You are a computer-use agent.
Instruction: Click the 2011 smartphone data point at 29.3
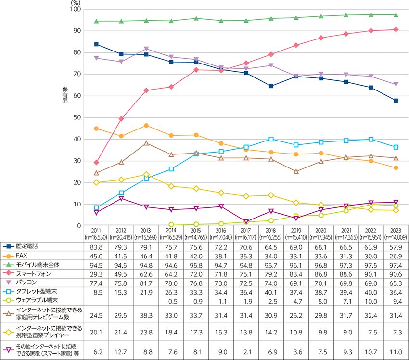(x=97, y=162)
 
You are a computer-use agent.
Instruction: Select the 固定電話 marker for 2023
(x=396, y=101)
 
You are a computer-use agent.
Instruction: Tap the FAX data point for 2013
(x=146, y=125)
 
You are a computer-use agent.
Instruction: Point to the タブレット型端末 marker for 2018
(x=271, y=139)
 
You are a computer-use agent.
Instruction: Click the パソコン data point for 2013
(x=146, y=49)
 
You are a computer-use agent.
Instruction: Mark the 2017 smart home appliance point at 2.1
(x=246, y=221)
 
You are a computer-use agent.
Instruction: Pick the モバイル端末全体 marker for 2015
(x=196, y=18)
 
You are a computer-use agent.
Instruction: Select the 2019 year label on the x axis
(x=296, y=231)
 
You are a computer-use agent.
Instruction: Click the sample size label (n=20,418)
(x=121, y=237)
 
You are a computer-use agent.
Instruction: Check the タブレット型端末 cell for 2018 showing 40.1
(x=271, y=292)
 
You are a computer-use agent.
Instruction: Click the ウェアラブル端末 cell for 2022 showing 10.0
(x=371, y=301)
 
